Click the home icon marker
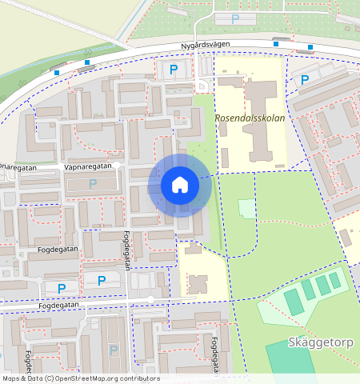click(x=180, y=185)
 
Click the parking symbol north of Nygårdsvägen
click(x=234, y=18)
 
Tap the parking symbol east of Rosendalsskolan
click(x=305, y=79)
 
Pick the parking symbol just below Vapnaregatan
click(x=92, y=183)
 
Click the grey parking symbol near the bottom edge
click(x=113, y=350)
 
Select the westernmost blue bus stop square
click(x=58, y=73)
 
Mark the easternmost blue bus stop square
click(x=309, y=46)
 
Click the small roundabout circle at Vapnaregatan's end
click(x=117, y=165)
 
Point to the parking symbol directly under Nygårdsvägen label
click(x=174, y=70)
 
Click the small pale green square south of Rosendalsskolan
click(x=248, y=209)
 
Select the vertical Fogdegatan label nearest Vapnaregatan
click(x=126, y=250)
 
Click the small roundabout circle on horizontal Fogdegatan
click(x=150, y=299)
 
